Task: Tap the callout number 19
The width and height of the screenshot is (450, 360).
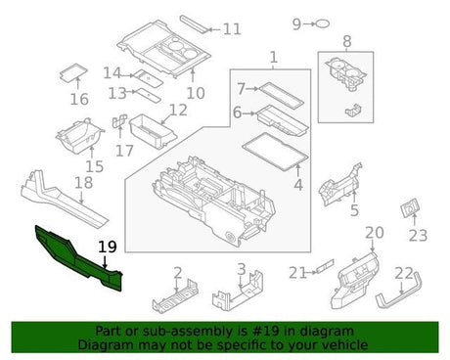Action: click(x=107, y=248)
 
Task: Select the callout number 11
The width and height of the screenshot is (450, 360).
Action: click(x=231, y=29)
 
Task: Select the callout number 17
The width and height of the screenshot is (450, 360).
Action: click(x=122, y=150)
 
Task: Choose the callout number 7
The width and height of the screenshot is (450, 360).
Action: click(x=240, y=88)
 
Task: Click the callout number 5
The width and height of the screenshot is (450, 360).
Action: click(x=353, y=209)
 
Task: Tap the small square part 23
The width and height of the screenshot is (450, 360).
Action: click(x=409, y=210)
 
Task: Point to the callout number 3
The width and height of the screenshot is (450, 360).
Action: click(x=241, y=269)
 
